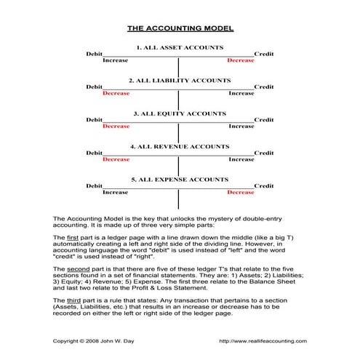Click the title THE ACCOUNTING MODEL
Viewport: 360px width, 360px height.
180,29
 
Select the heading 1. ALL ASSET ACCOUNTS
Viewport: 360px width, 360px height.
180,47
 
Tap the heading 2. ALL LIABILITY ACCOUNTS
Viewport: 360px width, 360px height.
180,80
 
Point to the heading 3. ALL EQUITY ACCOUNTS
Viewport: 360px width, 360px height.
180,113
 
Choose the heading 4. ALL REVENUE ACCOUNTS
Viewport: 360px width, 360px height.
180,146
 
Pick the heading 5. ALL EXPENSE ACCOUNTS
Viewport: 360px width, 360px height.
180,179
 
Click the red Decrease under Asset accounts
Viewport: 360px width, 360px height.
241,60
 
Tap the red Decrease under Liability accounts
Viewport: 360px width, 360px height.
116,93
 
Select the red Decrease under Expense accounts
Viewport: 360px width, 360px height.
241,192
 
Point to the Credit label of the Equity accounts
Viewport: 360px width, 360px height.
264,119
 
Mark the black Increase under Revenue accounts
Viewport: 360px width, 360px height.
241,159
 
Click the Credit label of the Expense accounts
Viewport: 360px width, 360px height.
264,185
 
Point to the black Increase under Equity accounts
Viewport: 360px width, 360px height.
241,127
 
